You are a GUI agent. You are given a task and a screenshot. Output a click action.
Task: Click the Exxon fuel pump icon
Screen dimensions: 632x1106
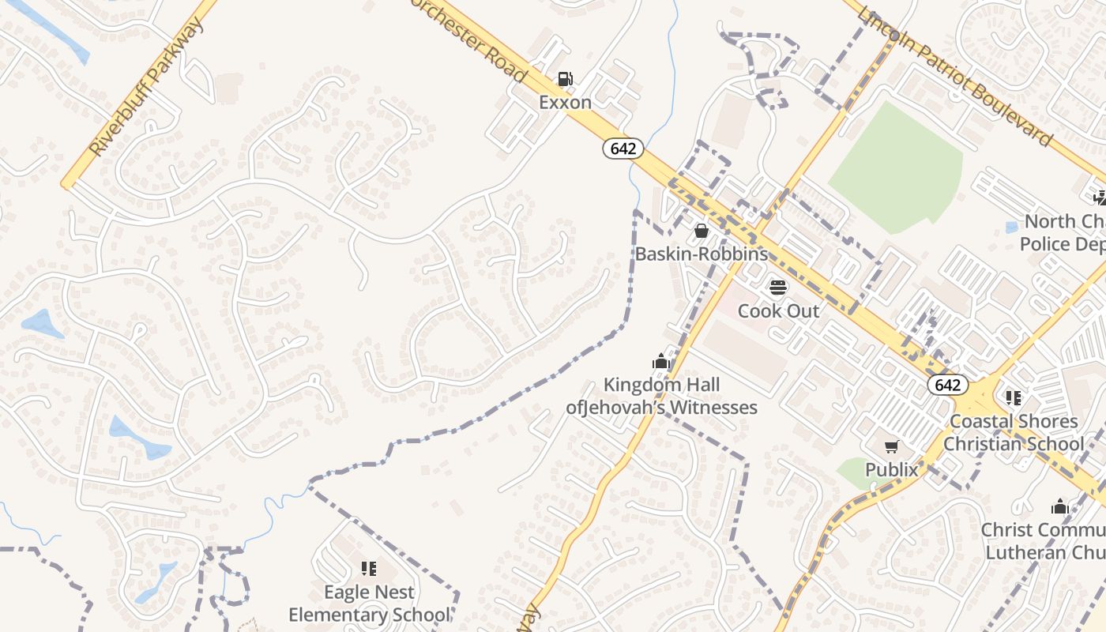(x=566, y=79)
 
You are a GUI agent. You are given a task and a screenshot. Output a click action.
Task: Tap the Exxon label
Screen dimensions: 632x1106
(x=566, y=102)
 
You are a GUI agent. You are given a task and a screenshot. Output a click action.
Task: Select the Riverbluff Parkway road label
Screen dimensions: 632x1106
(x=147, y=87)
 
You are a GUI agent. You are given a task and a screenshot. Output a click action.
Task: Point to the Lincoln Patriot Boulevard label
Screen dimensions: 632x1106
(x=955, y=77)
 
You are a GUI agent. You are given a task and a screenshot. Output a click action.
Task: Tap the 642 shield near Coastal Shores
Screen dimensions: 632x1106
(x=946, y=385)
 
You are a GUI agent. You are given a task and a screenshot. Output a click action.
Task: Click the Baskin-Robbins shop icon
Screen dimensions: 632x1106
(x=701, y=231)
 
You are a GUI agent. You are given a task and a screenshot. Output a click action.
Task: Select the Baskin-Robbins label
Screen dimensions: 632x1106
(x=702, y=254)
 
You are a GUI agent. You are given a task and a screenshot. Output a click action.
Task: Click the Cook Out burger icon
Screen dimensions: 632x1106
(x=778, y=287)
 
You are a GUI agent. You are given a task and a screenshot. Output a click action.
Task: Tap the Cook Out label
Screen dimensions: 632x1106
(x=779, y=310)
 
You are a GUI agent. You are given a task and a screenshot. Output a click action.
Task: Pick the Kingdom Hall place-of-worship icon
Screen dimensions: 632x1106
(x=661, y=362)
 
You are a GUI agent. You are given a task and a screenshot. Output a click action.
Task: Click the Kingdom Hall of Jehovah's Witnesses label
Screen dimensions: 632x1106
(x=662, y=396)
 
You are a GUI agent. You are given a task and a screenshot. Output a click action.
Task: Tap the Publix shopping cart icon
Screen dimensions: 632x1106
(x=892, y=447)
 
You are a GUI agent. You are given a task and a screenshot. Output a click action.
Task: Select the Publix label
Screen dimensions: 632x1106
(x=892, y=470)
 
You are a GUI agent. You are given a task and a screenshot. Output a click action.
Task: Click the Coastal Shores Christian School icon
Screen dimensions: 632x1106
(x=1014, y=397)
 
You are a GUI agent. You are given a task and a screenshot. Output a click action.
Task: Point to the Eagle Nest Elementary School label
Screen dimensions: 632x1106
(x=369, y=603)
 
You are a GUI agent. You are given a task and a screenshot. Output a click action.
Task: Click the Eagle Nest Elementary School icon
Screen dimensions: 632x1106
(x=368, y=568)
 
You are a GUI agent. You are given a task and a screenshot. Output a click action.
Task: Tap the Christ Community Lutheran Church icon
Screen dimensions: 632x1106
(x=1059, y=506)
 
